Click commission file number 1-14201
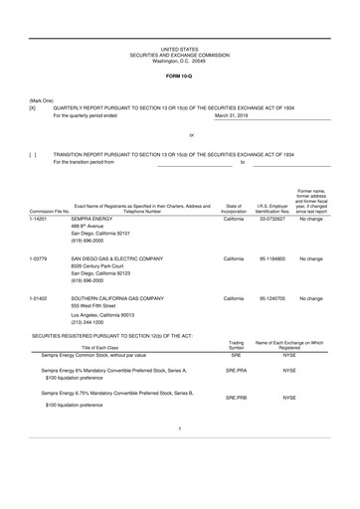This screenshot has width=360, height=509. coord(40,218)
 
